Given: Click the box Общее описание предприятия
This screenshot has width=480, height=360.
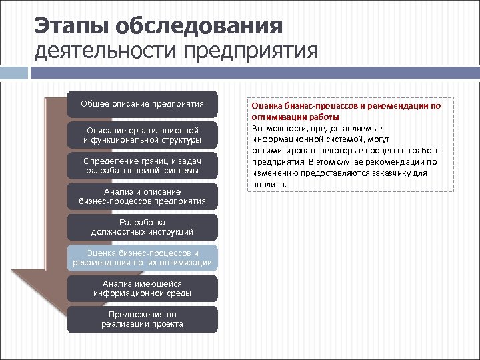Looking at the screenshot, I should click(x=142, y=104).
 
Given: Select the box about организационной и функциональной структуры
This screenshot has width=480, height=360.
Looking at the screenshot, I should click(x=142, y=135).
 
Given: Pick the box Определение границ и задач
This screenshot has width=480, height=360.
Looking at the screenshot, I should click(x=142, y=166).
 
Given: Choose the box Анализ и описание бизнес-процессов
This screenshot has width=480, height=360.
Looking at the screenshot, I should click(x=142, y=197).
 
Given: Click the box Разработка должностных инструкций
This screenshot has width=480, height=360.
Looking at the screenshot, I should click(x=142, y=227).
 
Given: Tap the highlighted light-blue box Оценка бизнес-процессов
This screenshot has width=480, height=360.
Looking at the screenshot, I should click(x=142, y=258).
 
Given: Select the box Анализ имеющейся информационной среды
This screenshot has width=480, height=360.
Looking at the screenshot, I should click(x=142, y=289).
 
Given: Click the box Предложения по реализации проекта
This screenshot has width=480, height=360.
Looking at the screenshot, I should click(x=142, y=319).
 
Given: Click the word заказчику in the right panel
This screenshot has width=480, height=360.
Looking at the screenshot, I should click(x=393, y=173).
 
